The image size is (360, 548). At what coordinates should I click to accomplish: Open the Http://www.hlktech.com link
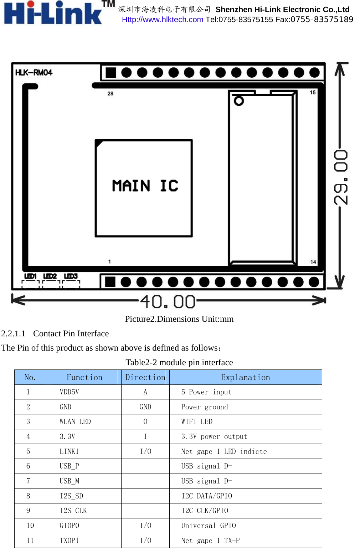coord(163,20)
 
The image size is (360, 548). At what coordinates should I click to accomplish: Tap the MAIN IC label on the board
coord(145,186)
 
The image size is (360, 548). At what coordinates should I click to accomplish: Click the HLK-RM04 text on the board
coord(34,73)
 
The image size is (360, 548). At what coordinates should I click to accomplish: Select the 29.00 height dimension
coord(341,177)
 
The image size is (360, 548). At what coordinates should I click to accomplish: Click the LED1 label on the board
coord(30,276)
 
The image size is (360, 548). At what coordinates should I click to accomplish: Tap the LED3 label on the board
coord(71,276)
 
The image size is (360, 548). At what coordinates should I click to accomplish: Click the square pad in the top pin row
coord(111,73)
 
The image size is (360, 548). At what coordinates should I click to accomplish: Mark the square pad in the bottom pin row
coord(110,282)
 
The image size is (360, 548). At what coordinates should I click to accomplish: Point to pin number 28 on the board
coord(110,93)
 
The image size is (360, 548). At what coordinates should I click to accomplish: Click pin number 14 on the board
coord(313,262)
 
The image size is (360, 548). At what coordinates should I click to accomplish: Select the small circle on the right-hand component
coord(239,101)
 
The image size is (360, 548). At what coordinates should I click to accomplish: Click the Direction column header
coord(145,377)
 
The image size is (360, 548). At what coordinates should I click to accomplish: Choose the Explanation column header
coord(245,377)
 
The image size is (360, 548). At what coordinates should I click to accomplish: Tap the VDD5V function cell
coord(70,392)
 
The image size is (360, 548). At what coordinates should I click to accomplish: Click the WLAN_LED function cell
coord(75,422)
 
